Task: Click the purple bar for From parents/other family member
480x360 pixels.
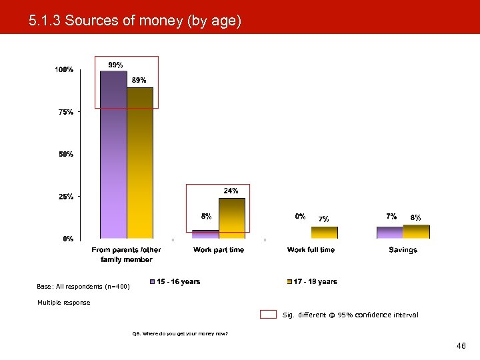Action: coord(113,155)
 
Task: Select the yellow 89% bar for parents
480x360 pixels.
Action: coord(140,163)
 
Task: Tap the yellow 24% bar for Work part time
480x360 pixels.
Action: coord(232,218)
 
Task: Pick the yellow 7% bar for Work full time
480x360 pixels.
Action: coord(325,233)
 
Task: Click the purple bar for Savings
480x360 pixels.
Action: coord(390,233)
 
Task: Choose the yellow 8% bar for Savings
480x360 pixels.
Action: coord(417,232)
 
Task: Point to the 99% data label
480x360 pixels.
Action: coord(115,65)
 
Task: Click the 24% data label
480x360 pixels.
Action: coord(231,191)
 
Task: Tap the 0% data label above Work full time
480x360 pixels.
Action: coord(300,217)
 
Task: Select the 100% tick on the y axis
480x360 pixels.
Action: coord(64,70)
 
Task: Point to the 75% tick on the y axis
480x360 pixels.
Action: coord(65,113)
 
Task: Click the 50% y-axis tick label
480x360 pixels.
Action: coord(65,155)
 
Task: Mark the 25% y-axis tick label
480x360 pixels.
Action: coord(65,197)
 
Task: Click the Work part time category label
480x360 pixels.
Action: coord(219,250)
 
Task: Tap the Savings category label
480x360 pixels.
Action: coord(403,250)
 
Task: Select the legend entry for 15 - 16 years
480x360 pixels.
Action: coord(175,282)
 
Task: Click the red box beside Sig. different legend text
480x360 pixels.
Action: coord(268,315)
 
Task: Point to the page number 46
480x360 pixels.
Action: coord(461,346)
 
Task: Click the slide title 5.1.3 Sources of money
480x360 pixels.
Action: coord(135,21)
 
